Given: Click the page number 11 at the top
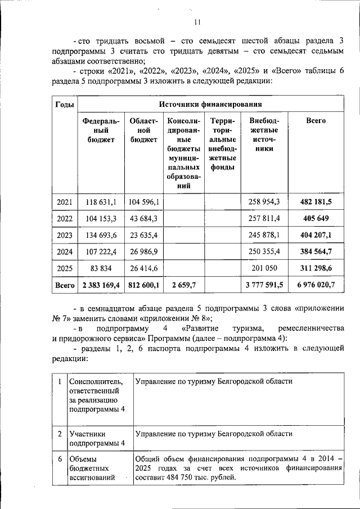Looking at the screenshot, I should coord(197,22).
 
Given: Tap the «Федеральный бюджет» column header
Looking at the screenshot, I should coord(101,130).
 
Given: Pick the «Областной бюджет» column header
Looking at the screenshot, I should coord(143,130).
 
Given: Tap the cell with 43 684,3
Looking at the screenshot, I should coord(143,218).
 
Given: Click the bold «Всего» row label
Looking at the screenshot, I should coord(64,286).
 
